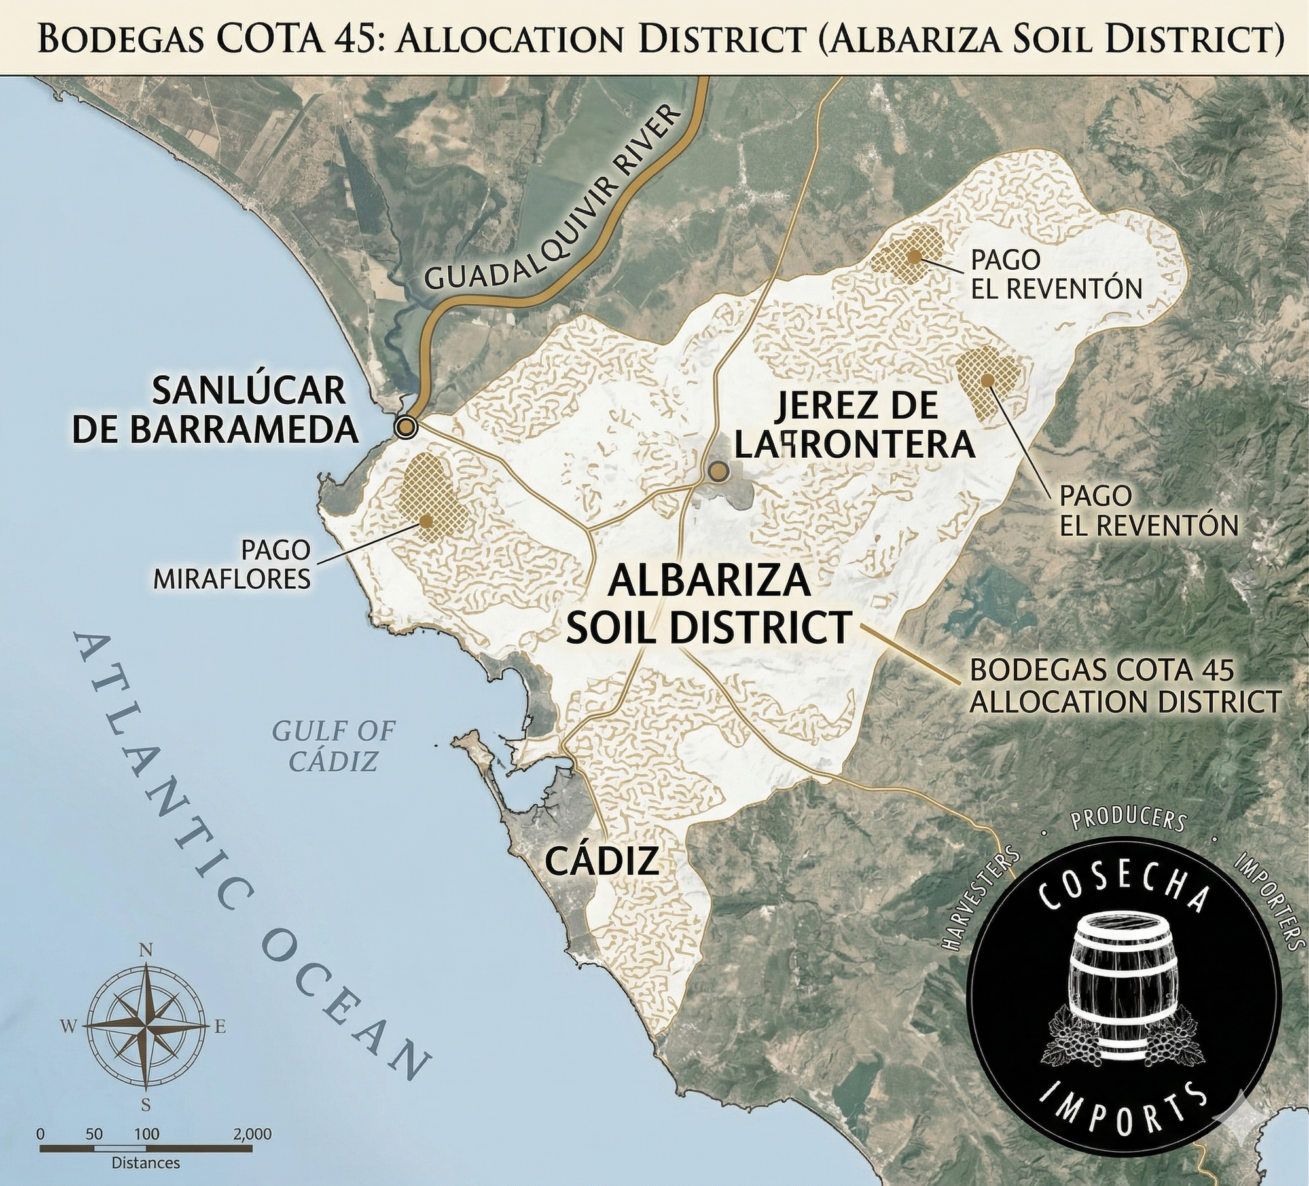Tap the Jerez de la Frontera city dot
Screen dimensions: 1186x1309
point(719,471)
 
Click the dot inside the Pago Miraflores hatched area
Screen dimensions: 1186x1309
point(427,521)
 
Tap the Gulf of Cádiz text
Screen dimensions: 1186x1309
point(334,746)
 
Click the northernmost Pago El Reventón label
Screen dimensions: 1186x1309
point(1055,274)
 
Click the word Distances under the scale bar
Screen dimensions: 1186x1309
point(145,1163)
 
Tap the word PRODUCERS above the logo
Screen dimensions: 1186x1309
point(1126,824)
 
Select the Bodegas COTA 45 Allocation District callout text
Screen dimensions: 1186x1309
point(1124,687)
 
